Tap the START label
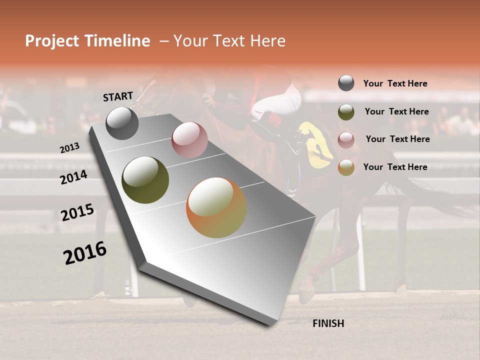[118, 96]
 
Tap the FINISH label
[328, 323]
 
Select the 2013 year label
[70, 147]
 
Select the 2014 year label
[74, 177]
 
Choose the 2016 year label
[85, 253]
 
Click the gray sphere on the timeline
[122, 123]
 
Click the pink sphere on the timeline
[189, 140]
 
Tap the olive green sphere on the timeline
[145, 180]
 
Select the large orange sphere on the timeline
[216, 207]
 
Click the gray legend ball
[346, 83]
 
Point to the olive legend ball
[346, 111]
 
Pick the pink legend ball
[346, 139]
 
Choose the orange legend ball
[346, 167]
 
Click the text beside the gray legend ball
[395, 83]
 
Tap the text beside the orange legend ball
[395, 167]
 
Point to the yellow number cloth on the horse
[317, 145]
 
